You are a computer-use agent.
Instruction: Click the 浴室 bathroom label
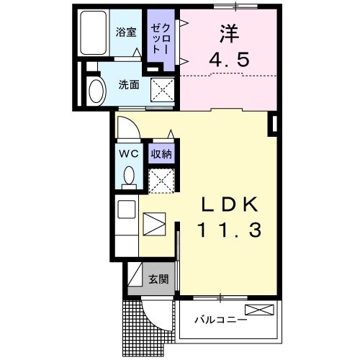[x=127, y=32]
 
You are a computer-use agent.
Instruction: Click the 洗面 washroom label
[x=129, y=84]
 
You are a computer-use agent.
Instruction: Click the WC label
[x=128, y=153]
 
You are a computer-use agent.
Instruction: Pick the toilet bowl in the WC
[x=128, y=175]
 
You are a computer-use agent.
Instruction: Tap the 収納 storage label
[x=161, y=153]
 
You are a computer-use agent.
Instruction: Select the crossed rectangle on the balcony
[x=259, y=310]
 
